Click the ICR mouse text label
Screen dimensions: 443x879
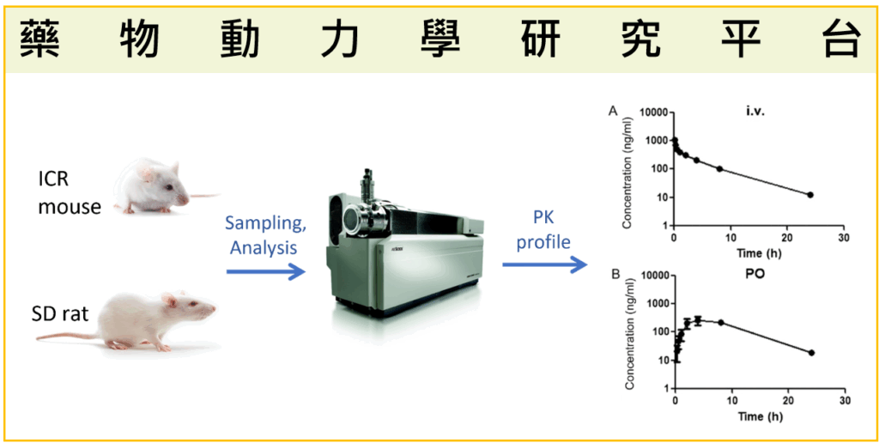pyautogui.click(x=69, y=194)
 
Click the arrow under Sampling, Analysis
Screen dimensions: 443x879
pyautogui.click(x=266, y=272)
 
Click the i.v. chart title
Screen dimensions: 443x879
pyautogui.click(x=755, y=111)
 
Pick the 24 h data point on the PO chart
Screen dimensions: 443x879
pyautogui.click(x=811, y=353)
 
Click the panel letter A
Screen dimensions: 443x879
pyautogui.click(x=613, y=111)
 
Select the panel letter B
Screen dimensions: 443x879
pyautogui.click(x=615, y=275)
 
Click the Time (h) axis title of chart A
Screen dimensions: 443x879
pyautogui.click(x=759, y=254)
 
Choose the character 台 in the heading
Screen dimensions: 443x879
pyautogui.click(x=839, y=37)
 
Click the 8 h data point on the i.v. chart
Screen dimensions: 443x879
pyautogui.click(x=719, y=169)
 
